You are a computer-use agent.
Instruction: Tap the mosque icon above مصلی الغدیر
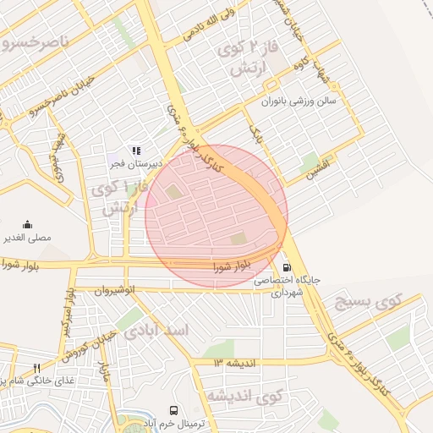tap(28, 224)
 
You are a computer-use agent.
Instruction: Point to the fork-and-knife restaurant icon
tap(36, 368)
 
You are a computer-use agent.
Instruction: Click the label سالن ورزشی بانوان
tap(298, 101)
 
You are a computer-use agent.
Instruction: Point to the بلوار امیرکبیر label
tap(67, 310)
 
